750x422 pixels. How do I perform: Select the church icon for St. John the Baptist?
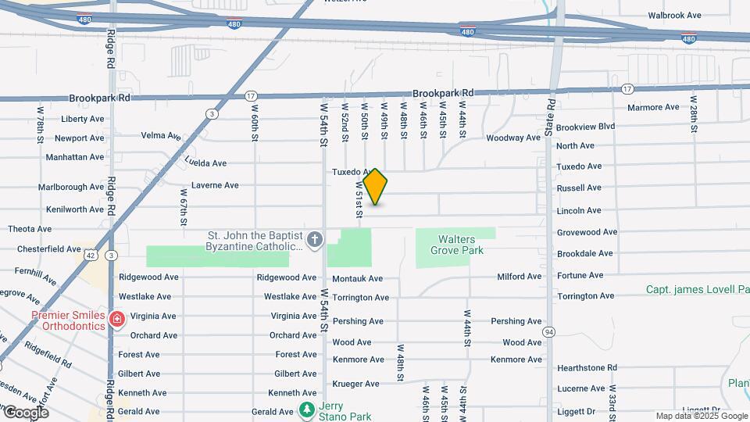315,240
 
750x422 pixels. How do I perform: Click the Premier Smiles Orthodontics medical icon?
116,320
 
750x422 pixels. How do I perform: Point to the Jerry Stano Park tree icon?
307,410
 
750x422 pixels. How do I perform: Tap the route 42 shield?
92,255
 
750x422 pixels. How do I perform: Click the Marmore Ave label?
653,107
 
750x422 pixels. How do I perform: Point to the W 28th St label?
693,113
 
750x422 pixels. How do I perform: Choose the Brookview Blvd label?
586,126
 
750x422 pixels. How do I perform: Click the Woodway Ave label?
513,138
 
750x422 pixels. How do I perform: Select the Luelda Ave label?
205,163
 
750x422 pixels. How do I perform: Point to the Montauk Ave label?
357,278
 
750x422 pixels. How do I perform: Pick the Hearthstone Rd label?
587,367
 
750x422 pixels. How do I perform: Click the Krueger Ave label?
355,384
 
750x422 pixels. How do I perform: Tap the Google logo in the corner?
25,412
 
